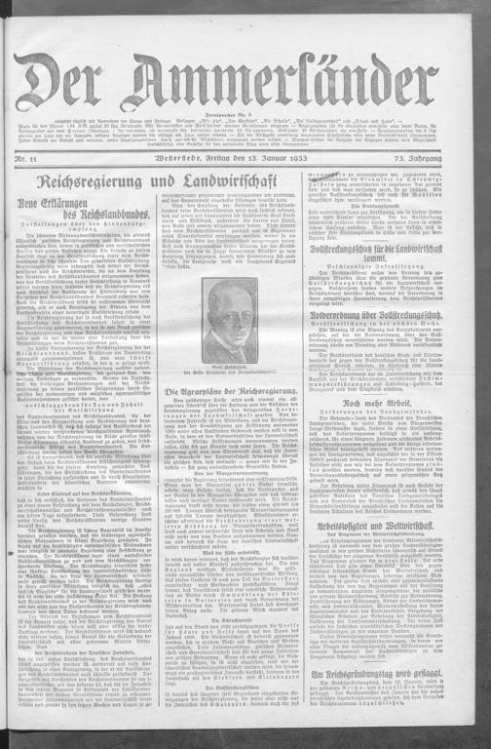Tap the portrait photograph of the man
[232, 317]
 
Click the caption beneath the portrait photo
[232, 366]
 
